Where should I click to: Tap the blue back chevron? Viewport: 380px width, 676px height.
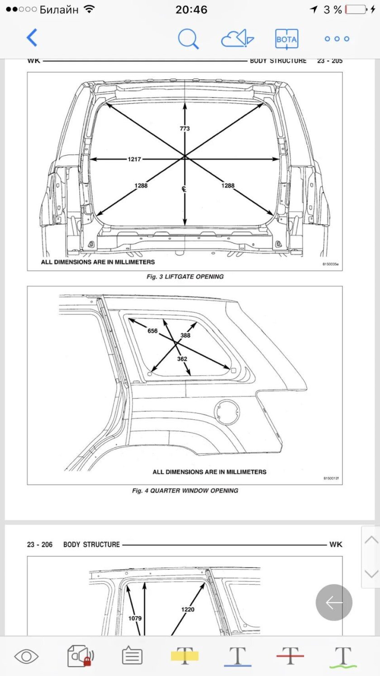point(32,38)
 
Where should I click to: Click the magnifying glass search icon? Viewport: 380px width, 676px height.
point(188,38)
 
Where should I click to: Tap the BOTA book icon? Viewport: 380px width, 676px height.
point(286,39)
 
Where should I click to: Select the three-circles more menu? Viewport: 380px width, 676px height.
point(337,38)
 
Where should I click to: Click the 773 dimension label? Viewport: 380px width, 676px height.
point(185,129)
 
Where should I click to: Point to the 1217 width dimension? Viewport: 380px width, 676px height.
point(134,159)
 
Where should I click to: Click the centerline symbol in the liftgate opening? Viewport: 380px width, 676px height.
point(184,189)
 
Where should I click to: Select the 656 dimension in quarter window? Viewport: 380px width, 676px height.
point(152,331)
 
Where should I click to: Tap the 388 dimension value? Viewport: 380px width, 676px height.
point(185,336)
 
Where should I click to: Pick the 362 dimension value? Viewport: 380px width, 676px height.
point(182,359)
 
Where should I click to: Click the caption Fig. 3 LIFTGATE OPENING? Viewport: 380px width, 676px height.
point(185,277)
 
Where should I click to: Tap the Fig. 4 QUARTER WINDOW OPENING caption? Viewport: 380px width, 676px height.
point(185,491)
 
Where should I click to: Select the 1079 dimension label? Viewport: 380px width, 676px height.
point(135,618)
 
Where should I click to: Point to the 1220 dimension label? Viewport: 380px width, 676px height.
point(188,609)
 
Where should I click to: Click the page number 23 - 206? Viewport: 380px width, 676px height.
point(39,545)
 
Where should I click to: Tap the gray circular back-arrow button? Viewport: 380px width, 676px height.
point(334,603)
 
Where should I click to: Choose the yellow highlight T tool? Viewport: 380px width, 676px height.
point(185,656)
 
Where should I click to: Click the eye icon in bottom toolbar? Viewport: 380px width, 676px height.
point(26,657)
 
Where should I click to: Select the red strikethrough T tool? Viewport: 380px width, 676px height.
point(290,656)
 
